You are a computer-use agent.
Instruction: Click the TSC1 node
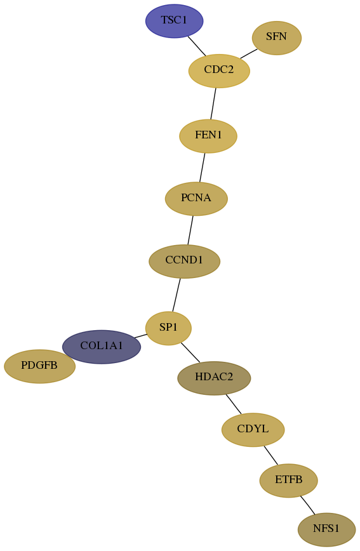[x=175, y=21]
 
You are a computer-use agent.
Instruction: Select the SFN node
[x=277, y=37]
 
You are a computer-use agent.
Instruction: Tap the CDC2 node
[x=219, y=70]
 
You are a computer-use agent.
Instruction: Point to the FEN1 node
[x=208, y=136]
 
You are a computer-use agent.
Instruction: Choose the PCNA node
[x=196, y=199]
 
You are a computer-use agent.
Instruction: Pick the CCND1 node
[x=184, y=261]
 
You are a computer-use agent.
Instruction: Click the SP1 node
[x=168, y=328]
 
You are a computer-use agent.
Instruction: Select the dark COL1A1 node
[x=102, y=347]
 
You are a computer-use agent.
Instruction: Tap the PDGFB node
[x=39, y=366]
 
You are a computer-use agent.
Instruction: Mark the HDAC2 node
[x=214, y=378]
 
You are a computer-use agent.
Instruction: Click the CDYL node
[x=253, y=430]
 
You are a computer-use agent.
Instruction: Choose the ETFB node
[x=289, y=481]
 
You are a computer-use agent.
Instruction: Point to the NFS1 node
[x=326, y=529]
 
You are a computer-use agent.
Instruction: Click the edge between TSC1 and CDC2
[x=197, y=46]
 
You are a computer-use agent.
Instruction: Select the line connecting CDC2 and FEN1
[x=213, y=103]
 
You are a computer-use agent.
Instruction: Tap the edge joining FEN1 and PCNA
[x=202, y=168]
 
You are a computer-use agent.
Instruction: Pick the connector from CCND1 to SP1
[x=176, y=295]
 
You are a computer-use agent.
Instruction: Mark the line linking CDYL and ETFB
[x=270, y=455]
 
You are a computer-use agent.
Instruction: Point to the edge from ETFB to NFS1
[x=307, y=505]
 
